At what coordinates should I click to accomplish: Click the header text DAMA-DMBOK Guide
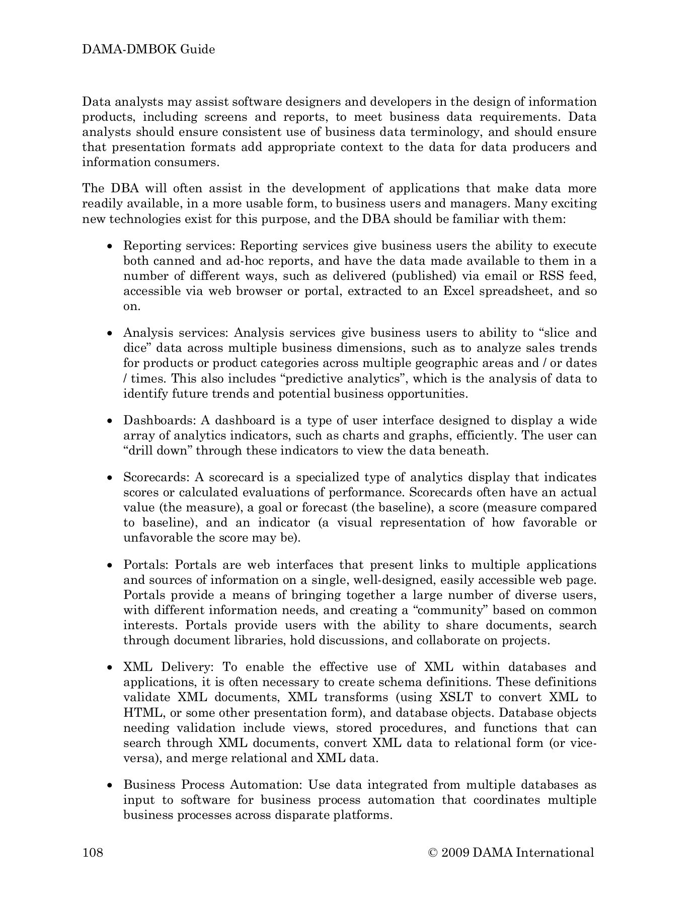tap(148, 49)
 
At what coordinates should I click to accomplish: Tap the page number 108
tap(93, 852)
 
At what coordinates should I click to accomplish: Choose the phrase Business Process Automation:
tap(212, 785)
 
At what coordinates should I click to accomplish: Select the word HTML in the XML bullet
tap(143, 713)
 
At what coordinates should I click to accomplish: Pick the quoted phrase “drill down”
tap(158, 450)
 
